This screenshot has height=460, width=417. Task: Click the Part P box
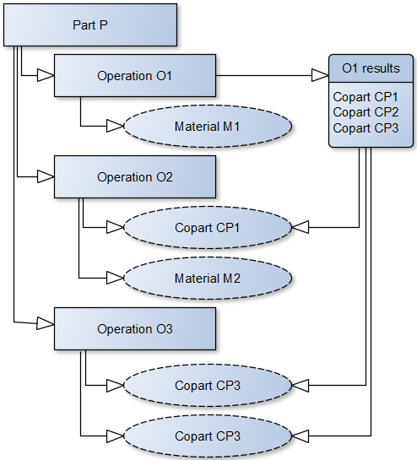click(x=90, y=25)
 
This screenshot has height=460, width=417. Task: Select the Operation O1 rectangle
click(x=135, y=75)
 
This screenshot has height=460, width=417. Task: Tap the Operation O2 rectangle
click(x=135, y=177)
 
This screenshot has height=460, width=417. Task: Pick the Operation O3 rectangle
click(x=135, y=328)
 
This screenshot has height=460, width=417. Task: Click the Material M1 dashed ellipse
click(x=208, y=126)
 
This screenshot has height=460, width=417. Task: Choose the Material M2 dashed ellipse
click(x=208, y=279)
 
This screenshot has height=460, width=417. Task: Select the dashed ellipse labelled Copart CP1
click(x=208, y=227)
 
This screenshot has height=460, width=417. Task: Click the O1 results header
click(x=371, y=68)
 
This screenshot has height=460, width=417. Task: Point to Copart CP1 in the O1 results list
click(x=366, y=97)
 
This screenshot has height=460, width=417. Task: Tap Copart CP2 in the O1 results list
click(x=366, y=112)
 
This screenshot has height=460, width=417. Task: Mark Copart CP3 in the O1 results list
click(x=366, y=128)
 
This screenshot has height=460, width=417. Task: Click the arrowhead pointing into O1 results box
click(x=320, y=75)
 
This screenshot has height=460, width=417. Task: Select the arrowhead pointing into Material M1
click(x=115, y=126)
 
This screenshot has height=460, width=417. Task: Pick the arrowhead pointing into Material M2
click(x=115, y=279)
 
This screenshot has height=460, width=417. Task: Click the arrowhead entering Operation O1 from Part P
click(x=46, y=75)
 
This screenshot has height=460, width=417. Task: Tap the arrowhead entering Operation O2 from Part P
click(x=46, y=177)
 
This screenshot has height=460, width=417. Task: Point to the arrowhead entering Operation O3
click(x=46, y=323)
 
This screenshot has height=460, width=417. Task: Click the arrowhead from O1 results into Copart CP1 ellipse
click(x=301, y=227)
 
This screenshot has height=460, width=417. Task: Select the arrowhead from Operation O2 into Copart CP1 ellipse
click(x=115, y=227)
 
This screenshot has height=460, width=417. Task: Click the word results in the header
click(x=381, y=68)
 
